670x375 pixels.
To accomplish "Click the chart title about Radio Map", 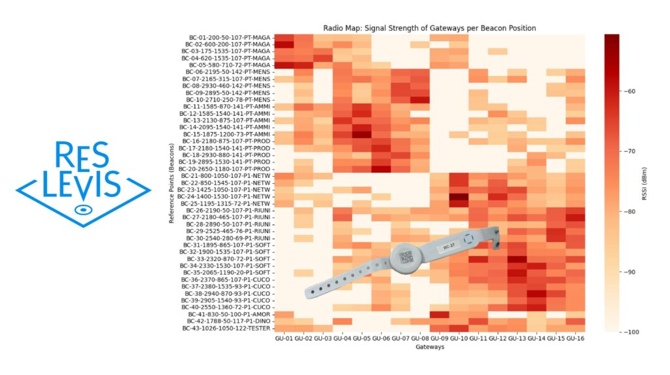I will tap(430, 28).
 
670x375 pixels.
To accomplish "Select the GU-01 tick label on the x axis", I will tap(284, 338).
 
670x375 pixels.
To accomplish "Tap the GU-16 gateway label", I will tap(576, 338).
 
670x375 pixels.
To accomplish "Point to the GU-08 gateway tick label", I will tap(420, 338).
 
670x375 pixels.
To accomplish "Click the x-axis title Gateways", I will tap(429, 347).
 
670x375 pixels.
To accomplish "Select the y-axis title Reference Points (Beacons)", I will tap(171, 183).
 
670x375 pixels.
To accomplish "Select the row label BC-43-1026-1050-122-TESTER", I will tap(224, 329).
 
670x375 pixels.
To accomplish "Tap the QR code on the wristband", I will tap(406, 257).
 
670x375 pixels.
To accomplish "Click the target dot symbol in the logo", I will tap(82, 209).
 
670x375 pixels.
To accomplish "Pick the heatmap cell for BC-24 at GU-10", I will tap(459, 196).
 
